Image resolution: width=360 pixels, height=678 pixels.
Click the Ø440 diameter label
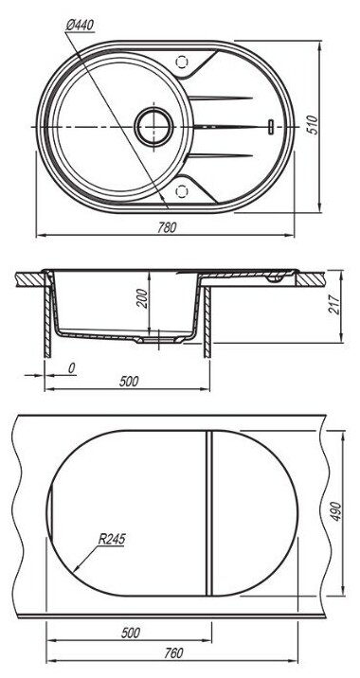[x=80, y=26]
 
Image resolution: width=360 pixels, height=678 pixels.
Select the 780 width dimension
[x=167, y=227]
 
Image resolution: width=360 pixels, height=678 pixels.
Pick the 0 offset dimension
[x=72, y=368]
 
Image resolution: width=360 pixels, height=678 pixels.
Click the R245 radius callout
[x=112, y=539]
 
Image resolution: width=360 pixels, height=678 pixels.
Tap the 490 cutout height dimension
[x=335, y=511]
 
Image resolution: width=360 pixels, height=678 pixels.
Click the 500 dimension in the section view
[x=129, y=382]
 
